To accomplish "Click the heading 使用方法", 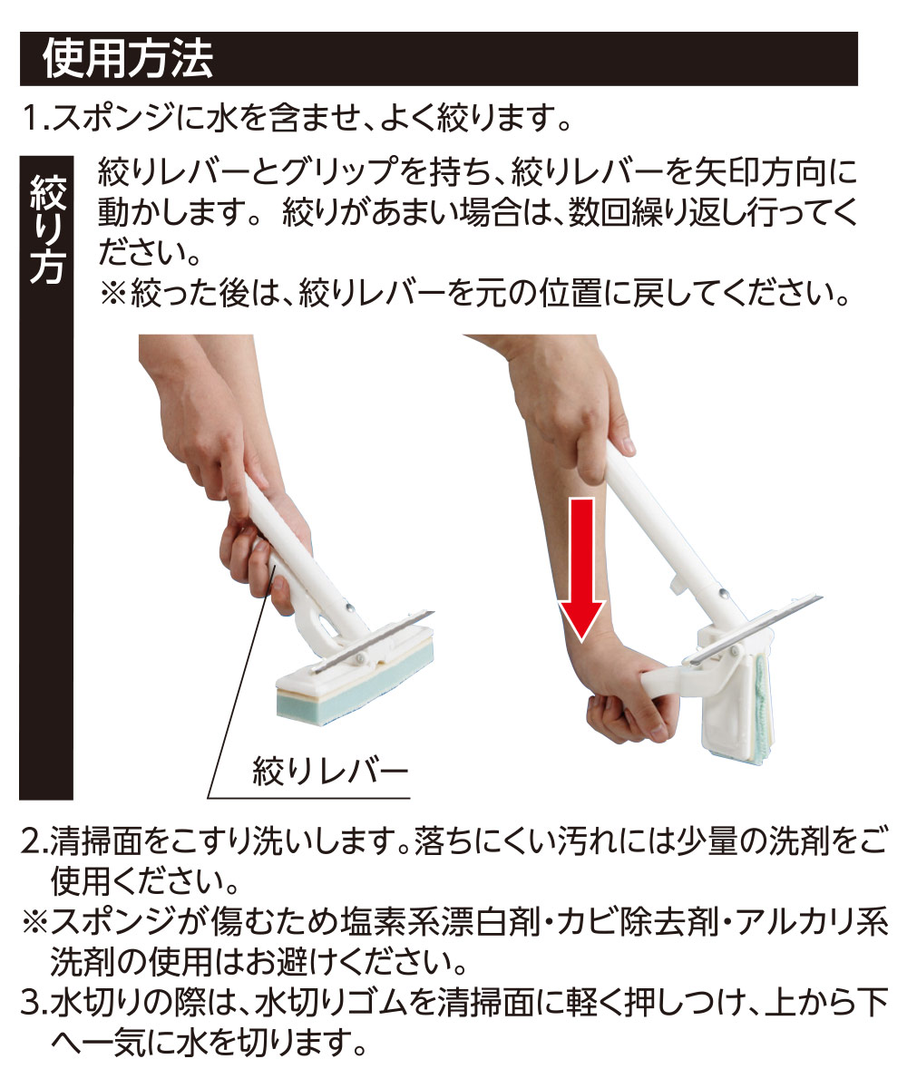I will [127, 59].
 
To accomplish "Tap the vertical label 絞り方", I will [47, 227].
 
